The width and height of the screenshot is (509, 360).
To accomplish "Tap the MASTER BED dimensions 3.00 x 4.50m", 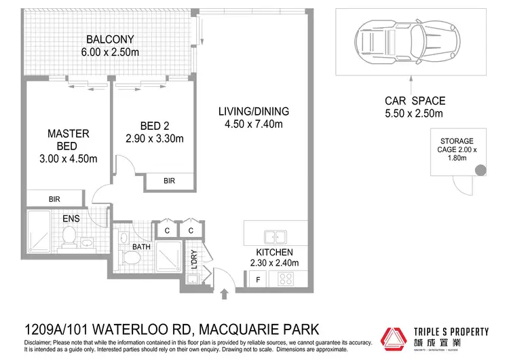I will tap(68, 159).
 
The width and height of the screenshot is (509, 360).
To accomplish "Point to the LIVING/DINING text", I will tap(254, 111).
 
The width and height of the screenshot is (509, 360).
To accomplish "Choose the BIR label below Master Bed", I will tap(55, 200).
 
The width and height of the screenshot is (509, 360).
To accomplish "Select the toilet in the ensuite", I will tap(69, 236).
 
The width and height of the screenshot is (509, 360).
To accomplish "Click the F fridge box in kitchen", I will tap(257, 278).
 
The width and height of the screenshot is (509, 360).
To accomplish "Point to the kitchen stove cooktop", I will tap(286, 278).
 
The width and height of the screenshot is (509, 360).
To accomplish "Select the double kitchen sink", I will tap(274, 236).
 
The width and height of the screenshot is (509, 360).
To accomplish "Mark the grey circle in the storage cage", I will tap(481, 170).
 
